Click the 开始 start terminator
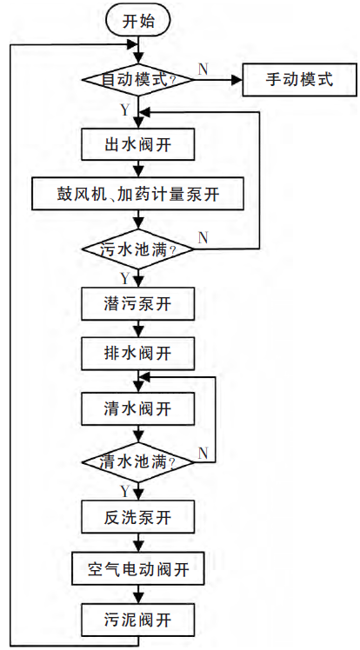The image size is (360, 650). click(138, 20)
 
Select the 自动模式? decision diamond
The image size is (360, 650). click(138, 80)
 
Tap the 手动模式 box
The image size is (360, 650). click(299, 80)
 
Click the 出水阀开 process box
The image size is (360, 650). click(138, 144)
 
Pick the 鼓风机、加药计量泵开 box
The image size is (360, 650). click(138, 194)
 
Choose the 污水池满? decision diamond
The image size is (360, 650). click(138, 249)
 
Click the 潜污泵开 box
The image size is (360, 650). click(138, 304)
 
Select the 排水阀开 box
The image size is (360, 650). click(138, 354)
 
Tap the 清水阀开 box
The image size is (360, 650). click(138, 408)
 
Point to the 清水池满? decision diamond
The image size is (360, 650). click(138, 462)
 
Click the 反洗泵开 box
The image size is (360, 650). click(138, 516)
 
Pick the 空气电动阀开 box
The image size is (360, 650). click(138, 568)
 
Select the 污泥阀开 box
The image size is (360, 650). click(138, 620)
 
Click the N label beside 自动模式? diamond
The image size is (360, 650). click(203, 70)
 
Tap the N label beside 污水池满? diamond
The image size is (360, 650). click(203, 238)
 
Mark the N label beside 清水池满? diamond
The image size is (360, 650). click(203, 454)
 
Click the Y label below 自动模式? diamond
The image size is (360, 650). click(125, 110)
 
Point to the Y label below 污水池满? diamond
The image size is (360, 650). click(125, 278)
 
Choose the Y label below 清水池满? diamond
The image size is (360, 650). click(125, 491)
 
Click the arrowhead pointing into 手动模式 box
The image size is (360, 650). click(237, 80)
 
